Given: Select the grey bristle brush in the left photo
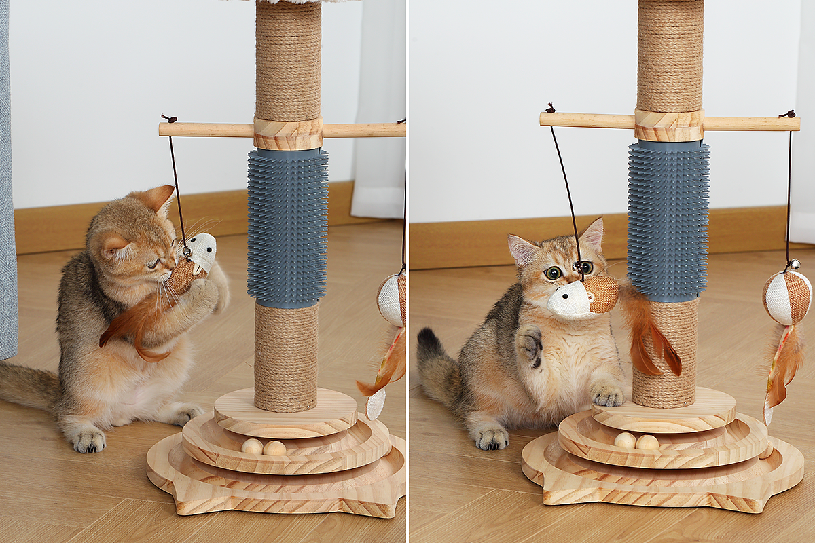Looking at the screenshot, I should point(287,227).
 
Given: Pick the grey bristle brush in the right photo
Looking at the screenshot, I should point(668,221).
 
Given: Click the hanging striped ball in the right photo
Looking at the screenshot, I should point(786,298).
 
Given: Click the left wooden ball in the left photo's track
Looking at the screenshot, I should point(252,447).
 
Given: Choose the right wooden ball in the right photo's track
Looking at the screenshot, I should point(647,443).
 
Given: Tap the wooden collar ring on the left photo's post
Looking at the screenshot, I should point(288,133).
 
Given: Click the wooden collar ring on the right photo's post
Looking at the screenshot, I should point(669,125).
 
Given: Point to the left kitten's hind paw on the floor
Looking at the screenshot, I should point(89,441).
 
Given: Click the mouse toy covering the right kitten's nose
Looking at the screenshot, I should point(583,297).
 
